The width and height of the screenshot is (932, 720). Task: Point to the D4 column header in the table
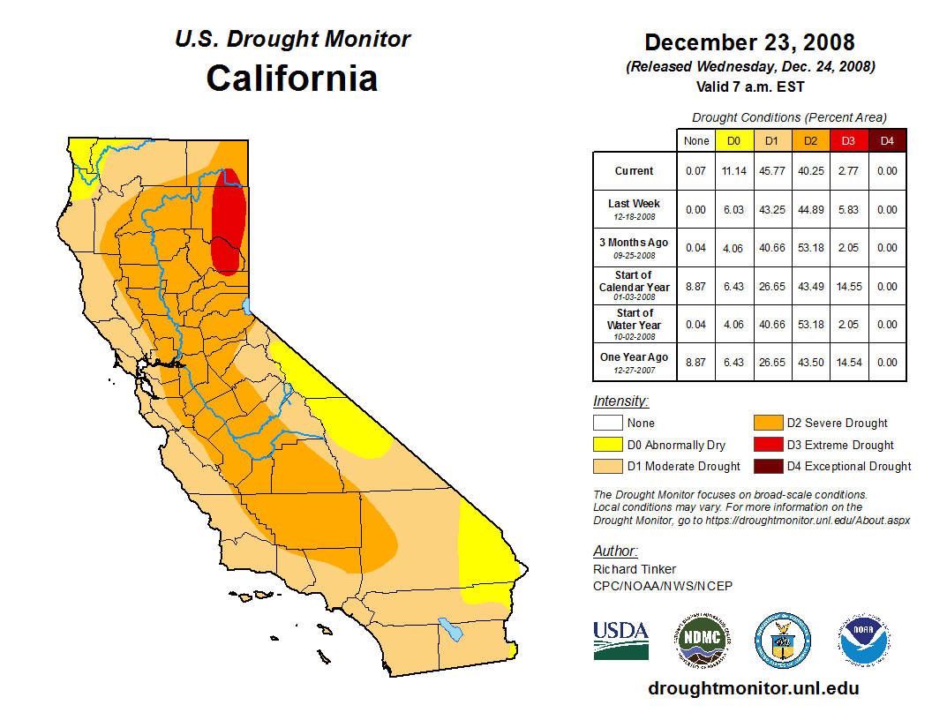[887, 140]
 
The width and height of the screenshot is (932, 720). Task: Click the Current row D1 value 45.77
[771, 171]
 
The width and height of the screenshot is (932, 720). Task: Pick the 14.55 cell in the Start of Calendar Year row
[848, 287]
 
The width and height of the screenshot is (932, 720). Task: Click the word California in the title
[292, 78]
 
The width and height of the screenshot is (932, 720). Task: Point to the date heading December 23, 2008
[749, 42]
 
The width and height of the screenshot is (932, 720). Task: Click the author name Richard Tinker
[635, 569]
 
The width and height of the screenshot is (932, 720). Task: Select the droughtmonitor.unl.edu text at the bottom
[753, 688]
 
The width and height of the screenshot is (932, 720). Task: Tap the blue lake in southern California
[451, 629]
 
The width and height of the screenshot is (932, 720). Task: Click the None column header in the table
[696, 140]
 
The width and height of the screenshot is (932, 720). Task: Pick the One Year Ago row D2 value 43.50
[810, 362]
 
